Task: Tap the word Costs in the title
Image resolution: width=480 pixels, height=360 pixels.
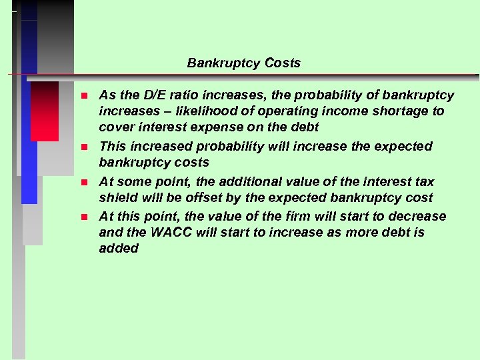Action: click(x=283, y=63)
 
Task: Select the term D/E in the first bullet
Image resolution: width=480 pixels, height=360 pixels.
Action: click(x=149, y=95)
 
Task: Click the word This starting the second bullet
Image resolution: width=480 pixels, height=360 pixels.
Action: click(x=112, y=146)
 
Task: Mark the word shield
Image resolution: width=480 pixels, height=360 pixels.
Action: click(x=116, y=198)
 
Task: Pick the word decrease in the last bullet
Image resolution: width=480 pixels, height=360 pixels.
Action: click(x=419, y=217)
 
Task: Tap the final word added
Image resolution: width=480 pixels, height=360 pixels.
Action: click(x=119, y=249)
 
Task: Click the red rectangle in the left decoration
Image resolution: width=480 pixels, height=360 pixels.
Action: click(x=45, y=111)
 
